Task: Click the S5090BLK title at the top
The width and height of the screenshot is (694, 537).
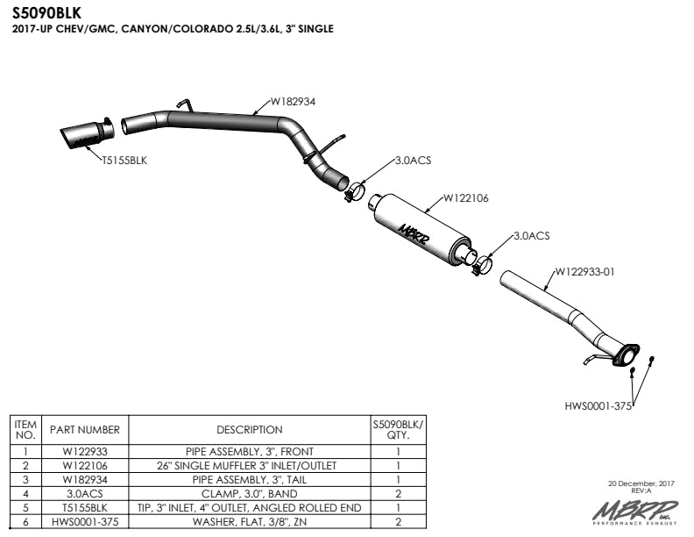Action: click(x=46, y=13)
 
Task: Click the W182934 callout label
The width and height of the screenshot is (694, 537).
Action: click(x=292, y=102)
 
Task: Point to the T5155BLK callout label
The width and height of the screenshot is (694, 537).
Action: click(x=124, y=161)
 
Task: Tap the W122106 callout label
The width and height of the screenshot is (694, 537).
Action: click(x=465, y=198)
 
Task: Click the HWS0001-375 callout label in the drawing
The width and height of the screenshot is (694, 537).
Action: click(x=598, y=405)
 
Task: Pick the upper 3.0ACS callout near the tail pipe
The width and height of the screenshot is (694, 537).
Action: click(x=413, y=161)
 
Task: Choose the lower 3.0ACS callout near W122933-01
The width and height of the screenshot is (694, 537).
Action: click(x=531, y=235)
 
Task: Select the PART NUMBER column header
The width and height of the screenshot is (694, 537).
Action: click(x=85, y=430)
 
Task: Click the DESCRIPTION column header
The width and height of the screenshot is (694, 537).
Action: click(x=249, y=430)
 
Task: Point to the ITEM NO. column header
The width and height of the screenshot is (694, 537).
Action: click(x=25, y=429)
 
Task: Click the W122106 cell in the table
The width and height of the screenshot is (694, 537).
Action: click(x=85, y=465)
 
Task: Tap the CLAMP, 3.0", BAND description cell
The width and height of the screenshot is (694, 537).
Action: click(x=249, y=494)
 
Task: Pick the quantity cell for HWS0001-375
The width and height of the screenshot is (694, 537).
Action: click(x=398, y=522)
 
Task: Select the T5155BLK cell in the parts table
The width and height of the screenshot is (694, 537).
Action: click(x=85, y=508)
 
